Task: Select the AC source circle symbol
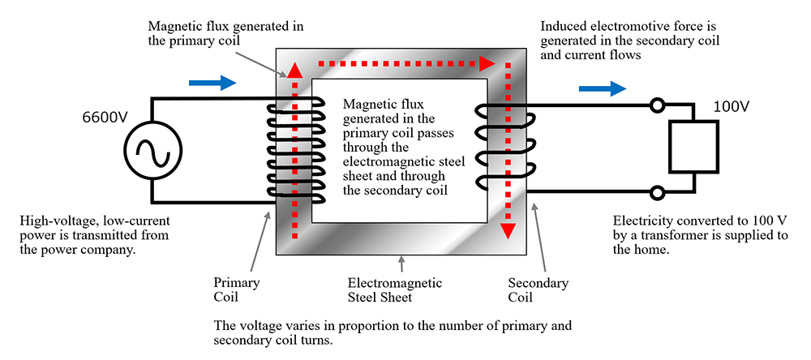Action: pos(152,151)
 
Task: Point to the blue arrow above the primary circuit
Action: pos(212,82)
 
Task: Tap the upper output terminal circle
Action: pos(658,105)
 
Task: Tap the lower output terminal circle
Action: pos(658,193)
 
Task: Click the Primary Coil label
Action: pos(236,290)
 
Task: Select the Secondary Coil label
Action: pos(538,290)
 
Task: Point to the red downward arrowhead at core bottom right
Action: pos(508,230)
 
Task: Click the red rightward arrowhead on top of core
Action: pos(487,62)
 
